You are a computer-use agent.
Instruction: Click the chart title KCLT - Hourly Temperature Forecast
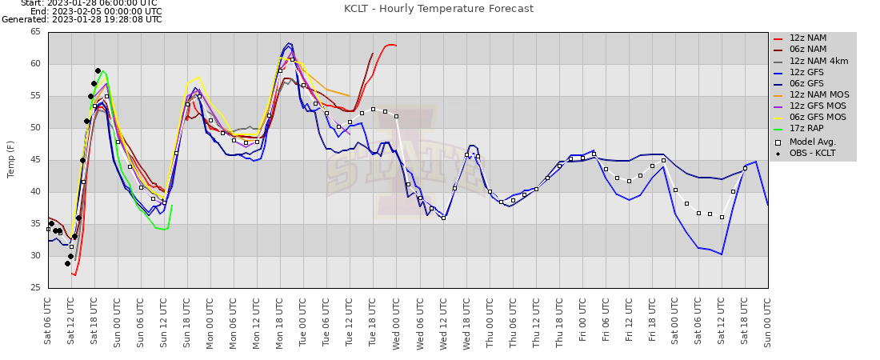pos(438,9)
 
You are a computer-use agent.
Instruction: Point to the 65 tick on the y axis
pos(35,32)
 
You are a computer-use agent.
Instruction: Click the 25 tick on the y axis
pos(35,288)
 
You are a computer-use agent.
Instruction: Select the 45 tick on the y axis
pos(35,160)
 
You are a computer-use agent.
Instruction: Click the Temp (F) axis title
pos(11,159)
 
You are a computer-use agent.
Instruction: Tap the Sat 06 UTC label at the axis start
pos(48,322)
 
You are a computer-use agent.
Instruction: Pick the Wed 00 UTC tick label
pos(396,322)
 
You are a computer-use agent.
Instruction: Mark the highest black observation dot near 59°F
pos(98,70)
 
